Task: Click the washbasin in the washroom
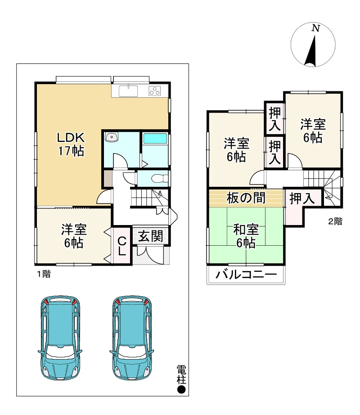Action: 110,138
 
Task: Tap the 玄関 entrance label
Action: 150,236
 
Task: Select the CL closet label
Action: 121,247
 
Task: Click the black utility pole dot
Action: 181,389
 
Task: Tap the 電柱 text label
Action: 181,374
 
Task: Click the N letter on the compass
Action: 316,28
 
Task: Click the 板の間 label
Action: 246,198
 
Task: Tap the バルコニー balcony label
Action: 245,274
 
